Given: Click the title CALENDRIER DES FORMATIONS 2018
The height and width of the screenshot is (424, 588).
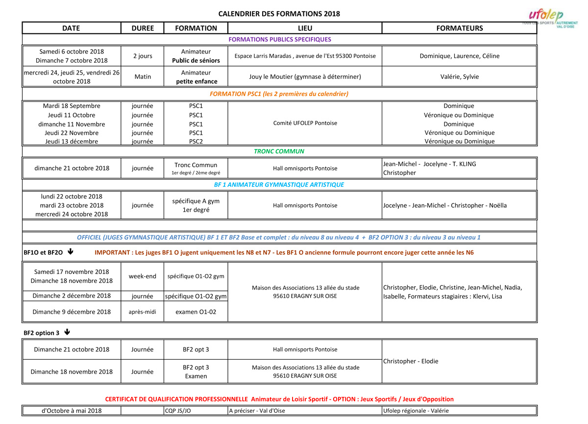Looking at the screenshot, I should [x=279, y=14].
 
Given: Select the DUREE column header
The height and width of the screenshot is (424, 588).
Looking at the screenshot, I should [x=143, y=28].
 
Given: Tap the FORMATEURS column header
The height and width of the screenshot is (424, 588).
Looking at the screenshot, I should [x=459, y=28].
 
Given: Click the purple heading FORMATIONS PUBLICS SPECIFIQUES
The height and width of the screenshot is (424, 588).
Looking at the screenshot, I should [x=280, y=39].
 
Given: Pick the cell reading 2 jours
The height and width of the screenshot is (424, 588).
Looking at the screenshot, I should [x=143, y=56].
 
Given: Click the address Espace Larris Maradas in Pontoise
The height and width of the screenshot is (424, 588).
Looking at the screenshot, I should [x=305, y=56].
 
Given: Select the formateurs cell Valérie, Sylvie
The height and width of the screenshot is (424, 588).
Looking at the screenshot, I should [x=459, y=76].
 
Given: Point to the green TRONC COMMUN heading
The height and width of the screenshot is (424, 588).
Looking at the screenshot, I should [x=279, y=151].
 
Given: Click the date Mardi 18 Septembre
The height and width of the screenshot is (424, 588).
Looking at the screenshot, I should [x=72, y=106].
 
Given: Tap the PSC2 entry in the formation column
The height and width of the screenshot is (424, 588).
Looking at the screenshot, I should [x=196, y=142].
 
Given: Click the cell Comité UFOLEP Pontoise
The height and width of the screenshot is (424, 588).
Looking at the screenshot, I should [x=305, y=123].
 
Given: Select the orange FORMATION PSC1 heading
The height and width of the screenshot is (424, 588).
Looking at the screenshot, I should [x=279, y=94].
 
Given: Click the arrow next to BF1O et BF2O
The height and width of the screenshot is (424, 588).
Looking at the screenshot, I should [x=70, y=252].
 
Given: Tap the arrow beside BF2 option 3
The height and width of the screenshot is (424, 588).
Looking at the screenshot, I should [x=67, y=332].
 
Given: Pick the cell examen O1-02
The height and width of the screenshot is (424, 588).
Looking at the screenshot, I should [x=196, y=312].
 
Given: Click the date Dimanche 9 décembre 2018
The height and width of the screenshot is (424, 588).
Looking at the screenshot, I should [x=72, y=312].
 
